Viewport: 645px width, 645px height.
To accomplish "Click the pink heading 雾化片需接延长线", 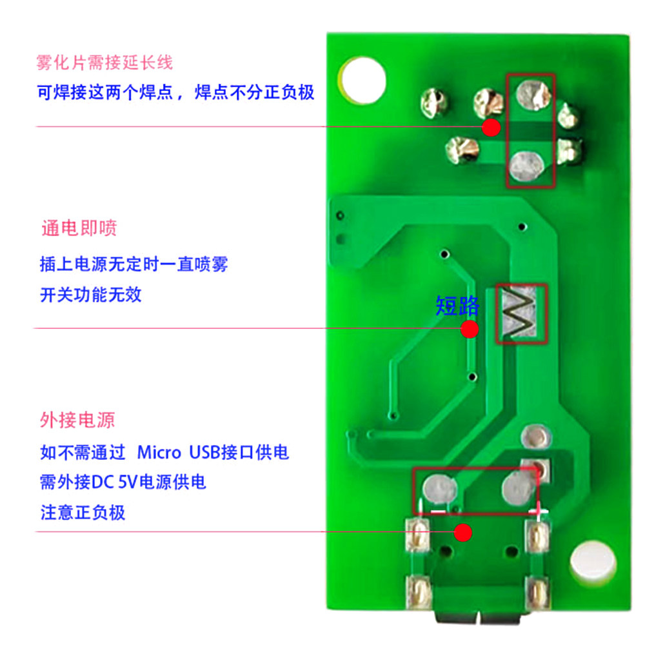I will [x=105, y=63].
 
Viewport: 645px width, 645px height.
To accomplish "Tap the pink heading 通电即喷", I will [x=79, y=228].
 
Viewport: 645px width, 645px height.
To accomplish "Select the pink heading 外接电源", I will [x=77, y=421].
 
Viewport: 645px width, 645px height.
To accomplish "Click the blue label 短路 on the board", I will [x=457, y=306].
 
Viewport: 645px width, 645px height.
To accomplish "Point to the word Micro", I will [x=159, y=452].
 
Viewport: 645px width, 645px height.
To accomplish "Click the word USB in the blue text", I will [x=204, y=452].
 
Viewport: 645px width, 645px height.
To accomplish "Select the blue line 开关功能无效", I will [x=91, y=295].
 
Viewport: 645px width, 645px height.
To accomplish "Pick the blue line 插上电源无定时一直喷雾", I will [x=134, y=264].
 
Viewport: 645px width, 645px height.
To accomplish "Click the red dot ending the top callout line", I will [x=491, y=127].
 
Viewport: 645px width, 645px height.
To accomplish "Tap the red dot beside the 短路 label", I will [x=470, y=330].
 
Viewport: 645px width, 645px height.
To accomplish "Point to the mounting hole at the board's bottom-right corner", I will [x=592, y=563].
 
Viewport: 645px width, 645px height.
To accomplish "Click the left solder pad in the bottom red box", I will [x=441, y=490].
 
